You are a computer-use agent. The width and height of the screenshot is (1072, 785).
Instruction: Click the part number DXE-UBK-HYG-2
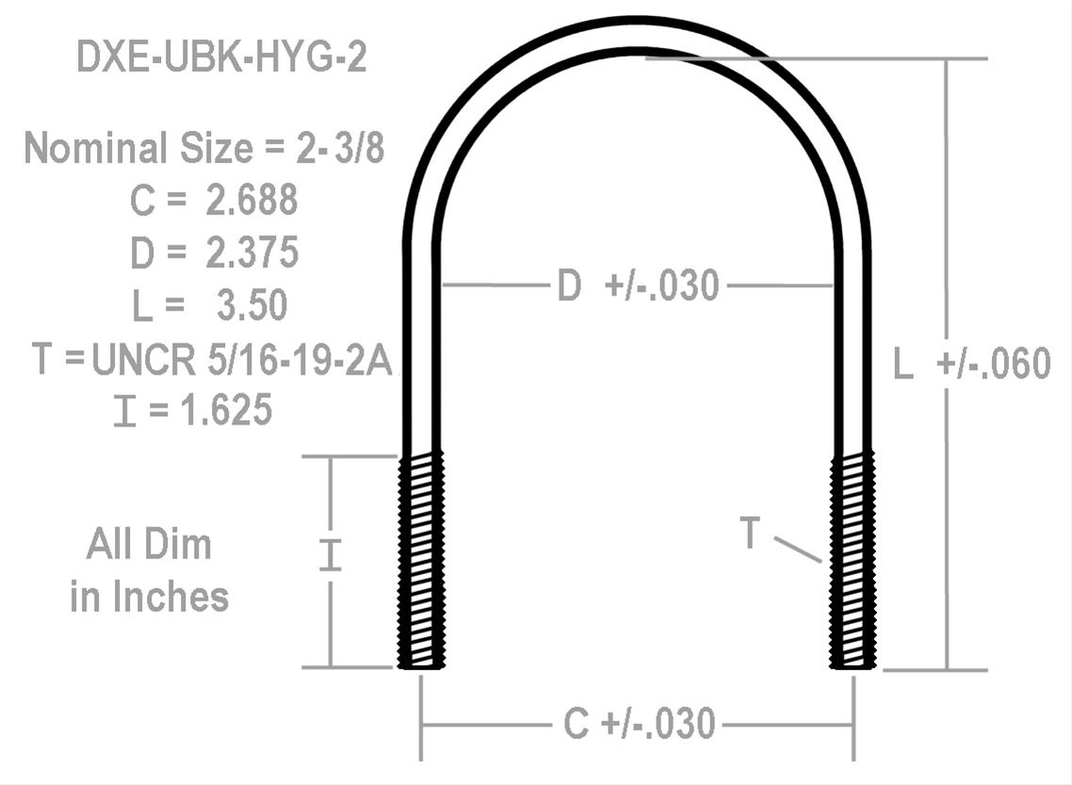click(x=220, y=58)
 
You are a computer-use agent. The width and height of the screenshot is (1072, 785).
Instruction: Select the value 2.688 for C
click(x=252, y=200)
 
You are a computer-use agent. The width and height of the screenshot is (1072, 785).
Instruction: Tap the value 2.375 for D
click(x=252, y=252)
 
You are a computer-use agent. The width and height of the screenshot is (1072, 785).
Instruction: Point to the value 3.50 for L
click(x=252, y=305)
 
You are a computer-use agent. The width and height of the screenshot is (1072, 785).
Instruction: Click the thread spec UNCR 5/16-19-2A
click(x=241, y=360)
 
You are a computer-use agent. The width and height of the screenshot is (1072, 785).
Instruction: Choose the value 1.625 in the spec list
click(x=223, y=410)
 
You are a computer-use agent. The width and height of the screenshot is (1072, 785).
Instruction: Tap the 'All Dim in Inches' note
click(x=149, y=570)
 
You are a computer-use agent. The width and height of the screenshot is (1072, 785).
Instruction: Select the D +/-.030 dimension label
click(x=638, y=285)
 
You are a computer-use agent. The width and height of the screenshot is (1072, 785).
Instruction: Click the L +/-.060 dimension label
click(x=971, y=364)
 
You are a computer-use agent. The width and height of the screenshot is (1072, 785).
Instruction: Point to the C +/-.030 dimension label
click(x=639, y=725)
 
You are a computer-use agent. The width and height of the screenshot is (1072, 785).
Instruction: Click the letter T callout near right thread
click(x=750, y=534)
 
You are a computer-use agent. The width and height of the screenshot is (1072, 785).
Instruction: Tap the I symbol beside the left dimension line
click(x=329, y=554)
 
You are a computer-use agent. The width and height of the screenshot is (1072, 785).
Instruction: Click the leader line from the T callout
click(x=797, y=550)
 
